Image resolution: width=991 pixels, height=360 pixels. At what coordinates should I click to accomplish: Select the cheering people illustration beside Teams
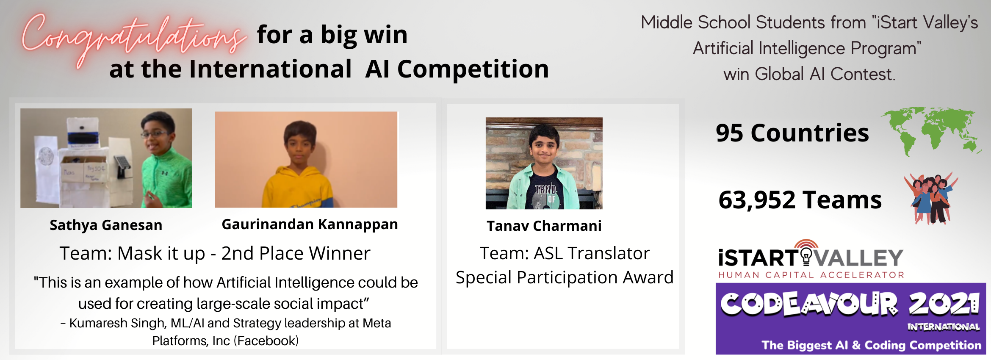coord(931,198)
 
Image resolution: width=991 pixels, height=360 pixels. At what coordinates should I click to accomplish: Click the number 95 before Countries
coord(729,133)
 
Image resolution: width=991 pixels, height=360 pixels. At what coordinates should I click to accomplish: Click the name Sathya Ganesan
coord(106,225)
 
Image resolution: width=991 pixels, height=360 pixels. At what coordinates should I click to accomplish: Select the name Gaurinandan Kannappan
coord(310,224)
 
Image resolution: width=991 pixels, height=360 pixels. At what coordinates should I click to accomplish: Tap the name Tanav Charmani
coord(544,226)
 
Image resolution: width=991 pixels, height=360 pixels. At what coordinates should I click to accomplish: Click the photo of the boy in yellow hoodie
coord(306,160)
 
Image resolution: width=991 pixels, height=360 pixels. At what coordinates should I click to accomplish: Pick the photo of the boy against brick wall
coord(544,163)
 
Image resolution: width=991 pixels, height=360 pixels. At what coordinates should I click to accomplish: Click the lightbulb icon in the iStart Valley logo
coord(806,257)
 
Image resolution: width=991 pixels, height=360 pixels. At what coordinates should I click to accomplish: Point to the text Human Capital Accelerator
coord(811,275)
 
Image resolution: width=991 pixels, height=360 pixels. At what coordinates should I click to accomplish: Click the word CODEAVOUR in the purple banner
coord(809,304)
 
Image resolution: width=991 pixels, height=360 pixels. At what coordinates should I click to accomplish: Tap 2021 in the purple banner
coord(944,304)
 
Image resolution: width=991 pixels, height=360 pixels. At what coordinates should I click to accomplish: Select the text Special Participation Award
coord(565,278)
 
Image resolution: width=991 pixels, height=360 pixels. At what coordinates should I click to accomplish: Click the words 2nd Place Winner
coord(296,253)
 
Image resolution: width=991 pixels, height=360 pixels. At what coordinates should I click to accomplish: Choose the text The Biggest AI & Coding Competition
coord(872,345)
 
